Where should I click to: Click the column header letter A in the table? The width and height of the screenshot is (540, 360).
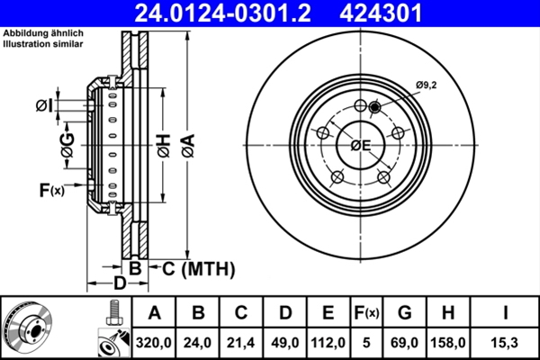coord(154,313)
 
